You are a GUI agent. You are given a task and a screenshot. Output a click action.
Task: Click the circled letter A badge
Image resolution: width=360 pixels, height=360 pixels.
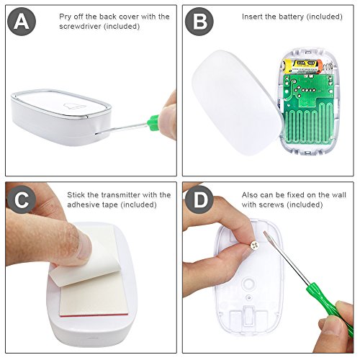22,22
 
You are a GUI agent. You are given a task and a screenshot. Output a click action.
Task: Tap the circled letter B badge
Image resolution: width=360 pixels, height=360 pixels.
199,22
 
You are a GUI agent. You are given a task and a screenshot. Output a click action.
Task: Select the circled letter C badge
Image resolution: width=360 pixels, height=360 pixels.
22,199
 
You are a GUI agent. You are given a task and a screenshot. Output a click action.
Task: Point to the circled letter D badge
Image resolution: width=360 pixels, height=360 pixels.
199,199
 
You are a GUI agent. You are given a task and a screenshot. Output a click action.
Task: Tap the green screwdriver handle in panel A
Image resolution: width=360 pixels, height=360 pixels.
154,122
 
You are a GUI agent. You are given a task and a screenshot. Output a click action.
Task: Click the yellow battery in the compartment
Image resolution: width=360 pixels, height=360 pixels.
302,66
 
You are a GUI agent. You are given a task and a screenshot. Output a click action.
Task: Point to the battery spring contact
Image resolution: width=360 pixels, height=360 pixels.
328,66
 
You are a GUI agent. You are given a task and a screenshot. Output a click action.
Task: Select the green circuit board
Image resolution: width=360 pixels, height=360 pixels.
308,110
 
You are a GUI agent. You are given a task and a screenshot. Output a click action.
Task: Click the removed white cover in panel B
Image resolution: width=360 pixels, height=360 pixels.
236,102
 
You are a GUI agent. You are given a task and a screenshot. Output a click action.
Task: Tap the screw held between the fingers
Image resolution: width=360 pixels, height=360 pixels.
255,246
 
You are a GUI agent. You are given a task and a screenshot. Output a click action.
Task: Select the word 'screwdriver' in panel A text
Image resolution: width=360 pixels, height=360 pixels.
80,26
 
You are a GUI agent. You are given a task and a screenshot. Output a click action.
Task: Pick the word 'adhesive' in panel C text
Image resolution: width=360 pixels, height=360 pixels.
81,204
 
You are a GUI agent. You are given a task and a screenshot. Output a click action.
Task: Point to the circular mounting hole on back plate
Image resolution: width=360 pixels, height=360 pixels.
249,283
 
